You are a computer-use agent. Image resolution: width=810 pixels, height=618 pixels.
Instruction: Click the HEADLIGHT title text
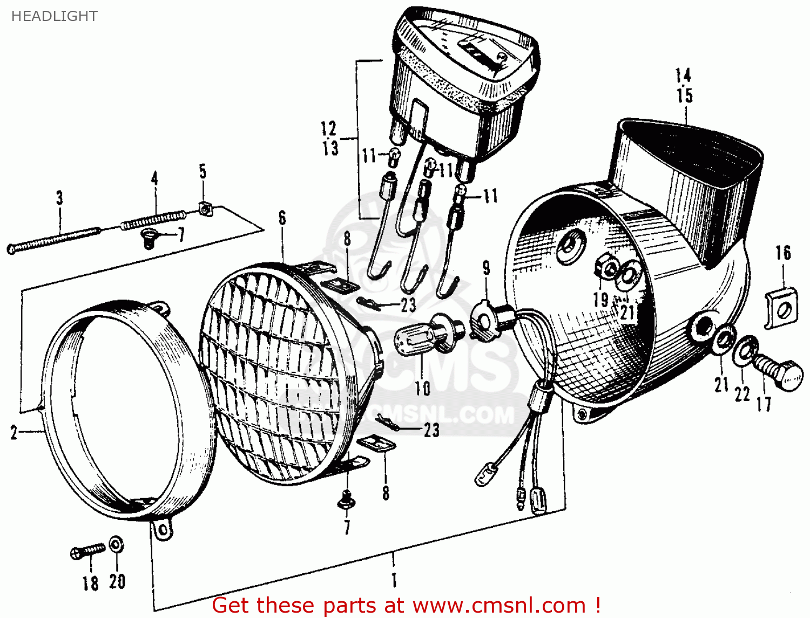coord(54,16)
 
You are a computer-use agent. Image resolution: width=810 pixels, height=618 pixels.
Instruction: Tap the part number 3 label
coord(59,198)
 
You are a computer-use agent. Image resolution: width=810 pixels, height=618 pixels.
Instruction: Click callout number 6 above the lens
coord(282,219)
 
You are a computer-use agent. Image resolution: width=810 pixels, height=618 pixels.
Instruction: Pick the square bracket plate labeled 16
coord(781,308)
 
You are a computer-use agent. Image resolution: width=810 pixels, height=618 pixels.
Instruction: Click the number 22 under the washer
coord(742,394)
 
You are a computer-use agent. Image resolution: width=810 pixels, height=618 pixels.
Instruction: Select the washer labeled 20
coord(116,545)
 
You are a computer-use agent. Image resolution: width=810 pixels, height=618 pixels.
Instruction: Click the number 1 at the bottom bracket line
coord(394,580)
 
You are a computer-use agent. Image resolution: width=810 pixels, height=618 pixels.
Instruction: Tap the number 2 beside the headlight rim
coord(14,432)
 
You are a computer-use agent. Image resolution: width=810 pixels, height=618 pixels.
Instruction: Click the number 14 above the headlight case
coord(684,75)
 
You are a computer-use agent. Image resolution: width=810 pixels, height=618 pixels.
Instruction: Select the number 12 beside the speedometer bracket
coord(328,128)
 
